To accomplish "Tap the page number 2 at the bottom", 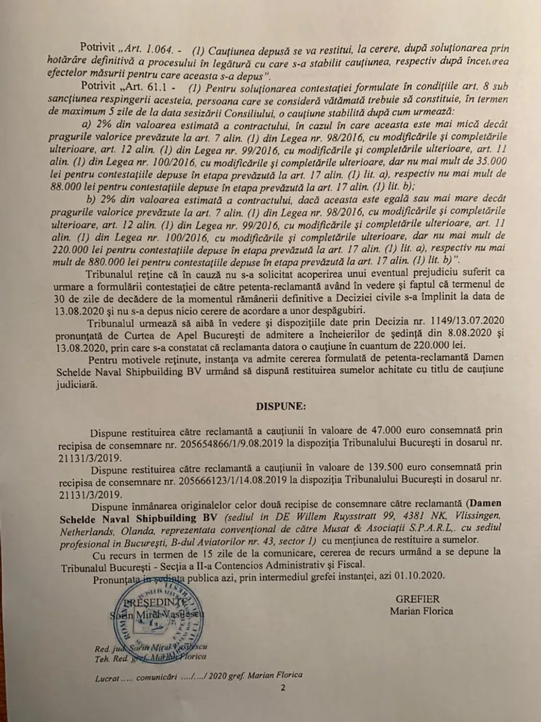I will (x=284, y=688).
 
